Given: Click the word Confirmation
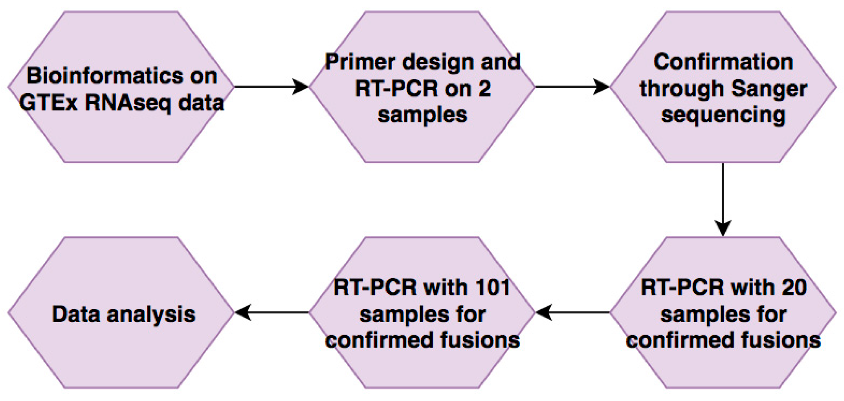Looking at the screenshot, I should coord(723,62).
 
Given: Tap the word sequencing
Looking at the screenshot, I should coord(723,115).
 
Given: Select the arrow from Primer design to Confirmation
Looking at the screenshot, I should coord(572,86).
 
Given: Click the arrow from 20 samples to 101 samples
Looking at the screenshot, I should coord(572,312).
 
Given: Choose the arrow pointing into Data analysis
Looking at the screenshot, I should coord(272,312).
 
